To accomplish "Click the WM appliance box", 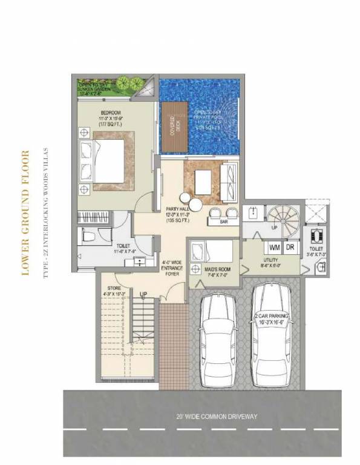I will point(274,247).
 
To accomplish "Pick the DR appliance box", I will point(290,247).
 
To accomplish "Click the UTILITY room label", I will point(270,262).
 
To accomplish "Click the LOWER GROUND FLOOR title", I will point(24,211).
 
